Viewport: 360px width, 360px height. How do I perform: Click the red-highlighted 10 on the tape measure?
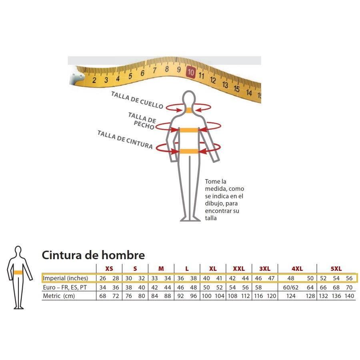click(x=191, y=72)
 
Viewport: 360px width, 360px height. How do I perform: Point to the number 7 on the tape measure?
click(x=154, y=70)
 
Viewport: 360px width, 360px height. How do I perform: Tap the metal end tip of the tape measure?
click(x=75, y=76)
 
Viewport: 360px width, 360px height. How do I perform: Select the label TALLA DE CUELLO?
click(x=137, y=100)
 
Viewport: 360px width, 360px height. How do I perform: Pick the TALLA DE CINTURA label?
click(x=125, y=140)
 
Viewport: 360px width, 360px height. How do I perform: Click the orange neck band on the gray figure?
click(x=189, y=110)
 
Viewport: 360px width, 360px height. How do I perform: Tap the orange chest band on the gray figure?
click(x=189, y=130)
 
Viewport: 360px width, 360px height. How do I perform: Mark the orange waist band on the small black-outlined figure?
click(x=18, y=272)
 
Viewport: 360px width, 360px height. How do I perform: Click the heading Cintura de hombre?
click(x=93, y=255)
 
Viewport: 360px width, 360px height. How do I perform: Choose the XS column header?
click(x=109, y=269)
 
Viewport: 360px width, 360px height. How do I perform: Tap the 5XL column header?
click(x=336, y=269)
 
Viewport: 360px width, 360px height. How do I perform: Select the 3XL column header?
click(x=265, y=269)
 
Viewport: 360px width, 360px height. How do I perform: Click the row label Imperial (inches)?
click(x=66, y=278)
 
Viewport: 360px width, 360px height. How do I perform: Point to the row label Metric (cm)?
click(x=59, y=296)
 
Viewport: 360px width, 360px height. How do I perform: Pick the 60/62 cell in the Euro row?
click(x=291, y=288)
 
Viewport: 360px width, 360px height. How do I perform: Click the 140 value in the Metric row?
click(x=349, y=296)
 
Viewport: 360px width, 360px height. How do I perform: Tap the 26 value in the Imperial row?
click(x=103, y=278)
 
